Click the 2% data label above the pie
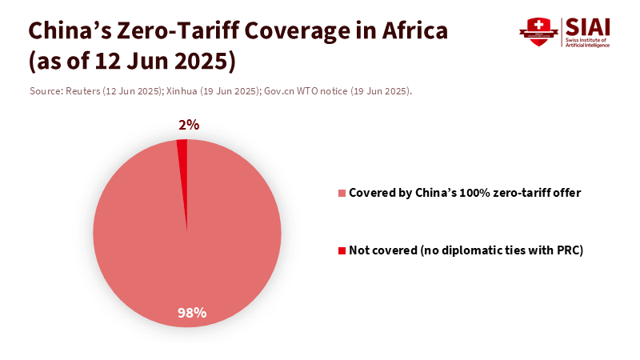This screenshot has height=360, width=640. [x=189, y=125]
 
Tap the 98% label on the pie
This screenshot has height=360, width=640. [x=192, y=313]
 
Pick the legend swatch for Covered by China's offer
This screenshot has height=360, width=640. [x=342, y=194]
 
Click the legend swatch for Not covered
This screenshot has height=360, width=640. [x=342, y=251]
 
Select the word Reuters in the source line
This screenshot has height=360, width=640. [x=84, y=91]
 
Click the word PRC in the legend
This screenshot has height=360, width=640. [x=567, y=251]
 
